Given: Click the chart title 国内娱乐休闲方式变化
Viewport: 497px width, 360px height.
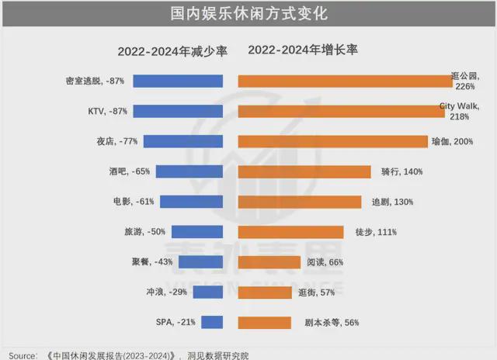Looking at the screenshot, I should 248,14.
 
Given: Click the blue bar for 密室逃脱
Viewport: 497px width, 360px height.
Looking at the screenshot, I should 179,81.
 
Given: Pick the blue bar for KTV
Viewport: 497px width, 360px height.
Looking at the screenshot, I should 179,111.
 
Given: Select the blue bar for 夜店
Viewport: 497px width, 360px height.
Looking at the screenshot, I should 183,141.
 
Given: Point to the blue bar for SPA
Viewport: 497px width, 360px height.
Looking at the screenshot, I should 213,322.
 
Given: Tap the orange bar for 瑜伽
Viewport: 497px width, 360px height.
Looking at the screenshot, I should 333,141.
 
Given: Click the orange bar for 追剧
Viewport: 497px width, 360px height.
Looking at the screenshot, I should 300,202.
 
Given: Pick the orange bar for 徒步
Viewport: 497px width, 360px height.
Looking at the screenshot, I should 290,232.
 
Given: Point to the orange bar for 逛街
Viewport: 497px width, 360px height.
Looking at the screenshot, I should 263,292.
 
